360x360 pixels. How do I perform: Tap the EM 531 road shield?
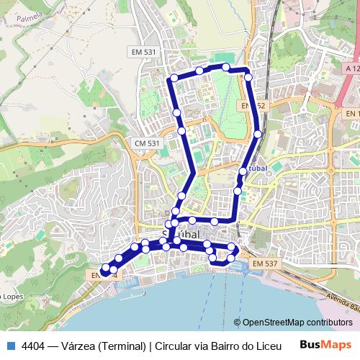coord(144,52)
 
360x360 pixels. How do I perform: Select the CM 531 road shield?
coord(147,144)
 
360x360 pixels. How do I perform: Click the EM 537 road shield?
coord(265,264)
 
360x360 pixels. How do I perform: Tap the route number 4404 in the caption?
coord(35,344)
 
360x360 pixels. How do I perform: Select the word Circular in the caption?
coord(176,344)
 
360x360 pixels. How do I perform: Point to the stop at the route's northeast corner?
coord(248,76)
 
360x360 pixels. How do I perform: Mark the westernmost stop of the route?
coord(106,268)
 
